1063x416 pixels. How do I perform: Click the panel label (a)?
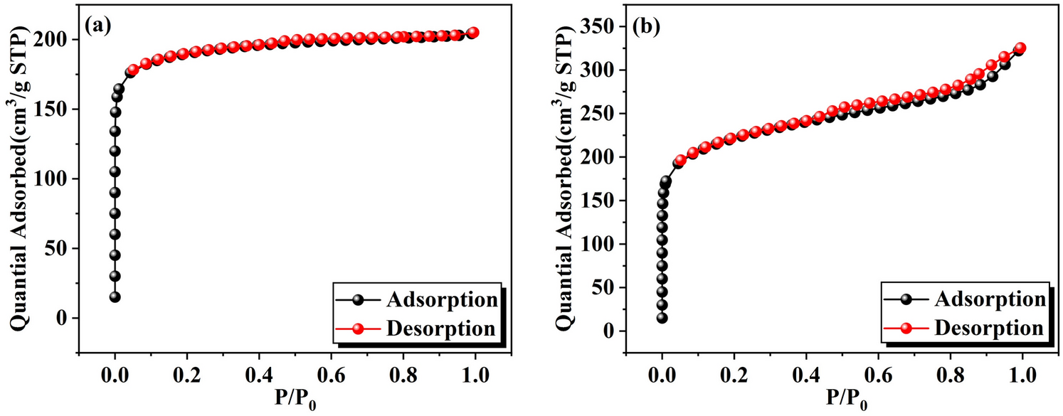[x=97, y=26]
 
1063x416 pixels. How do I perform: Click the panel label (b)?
[x=646, y=26]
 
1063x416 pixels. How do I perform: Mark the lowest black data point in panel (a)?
[x=115, y=297]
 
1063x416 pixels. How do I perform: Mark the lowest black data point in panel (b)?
[x=662, y=318]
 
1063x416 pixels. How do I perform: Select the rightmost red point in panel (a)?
[x=473, y=33]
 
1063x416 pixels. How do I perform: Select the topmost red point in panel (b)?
[x=1020, y=48]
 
